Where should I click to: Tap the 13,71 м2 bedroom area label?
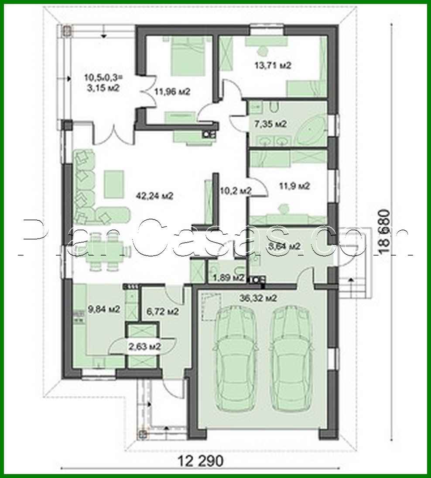(272, 66)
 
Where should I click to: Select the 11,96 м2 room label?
(172, 91)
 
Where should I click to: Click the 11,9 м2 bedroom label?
(294, 186)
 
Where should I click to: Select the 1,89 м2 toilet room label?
(228, 277)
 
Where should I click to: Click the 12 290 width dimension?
(201, 460)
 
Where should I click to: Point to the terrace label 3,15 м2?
(102, 82)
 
